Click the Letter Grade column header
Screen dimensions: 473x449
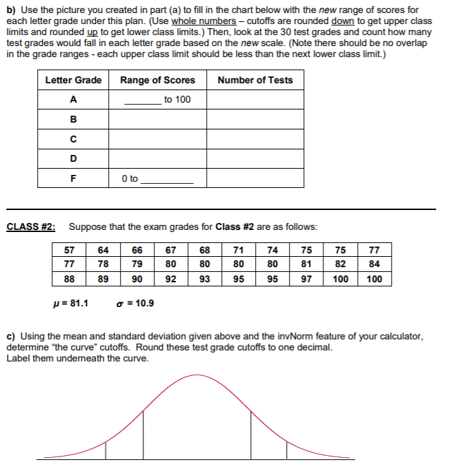pyautogui.click(x=73, y=80)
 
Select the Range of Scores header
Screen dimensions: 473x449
pyautogui.click(x=157, y=80)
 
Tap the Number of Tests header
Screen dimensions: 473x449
pyautogui.click(x=255, y=80)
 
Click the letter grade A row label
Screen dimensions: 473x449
pyautogui.click(x=73, y=100)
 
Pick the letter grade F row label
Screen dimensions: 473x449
pyautogui.click(x=73, y=178)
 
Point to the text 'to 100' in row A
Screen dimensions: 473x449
pyautogui.click(x=177, y=100)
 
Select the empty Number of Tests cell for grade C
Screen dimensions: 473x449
pyautogui.click(x=255, y=139)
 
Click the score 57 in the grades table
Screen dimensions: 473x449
pyautogui.click(x=70, y=250)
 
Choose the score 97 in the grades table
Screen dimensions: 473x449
pyautogui.click(x=307, y=279)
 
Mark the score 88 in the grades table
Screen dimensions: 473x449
pyautogui.click(x=70, y=279)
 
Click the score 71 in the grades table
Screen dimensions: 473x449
pyautogui.click(x=239, y=250)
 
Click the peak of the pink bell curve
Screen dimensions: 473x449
pyautogui.click(x=200, y=375)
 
